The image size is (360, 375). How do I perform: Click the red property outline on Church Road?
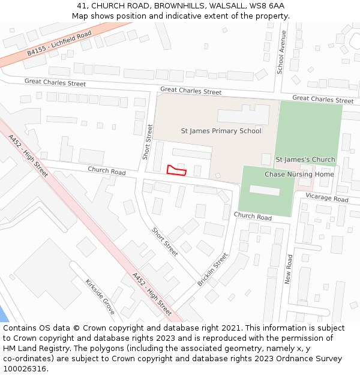pos(176,170)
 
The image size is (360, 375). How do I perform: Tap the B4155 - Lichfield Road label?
pos(59,44)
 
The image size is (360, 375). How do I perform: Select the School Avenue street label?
pos(281,52)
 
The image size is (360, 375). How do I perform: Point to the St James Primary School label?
pos(221,131)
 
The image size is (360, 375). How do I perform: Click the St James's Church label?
pos(305,160)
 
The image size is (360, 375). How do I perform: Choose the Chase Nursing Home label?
pos(299,175)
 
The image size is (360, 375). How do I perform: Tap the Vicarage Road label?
pos(326,198)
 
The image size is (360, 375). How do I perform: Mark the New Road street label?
pos(289,269)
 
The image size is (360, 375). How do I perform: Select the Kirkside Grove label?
pos(99,296)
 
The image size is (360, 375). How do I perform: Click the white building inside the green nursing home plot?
pos(265,190)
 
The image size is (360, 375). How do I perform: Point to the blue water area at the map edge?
pos(2,312)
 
